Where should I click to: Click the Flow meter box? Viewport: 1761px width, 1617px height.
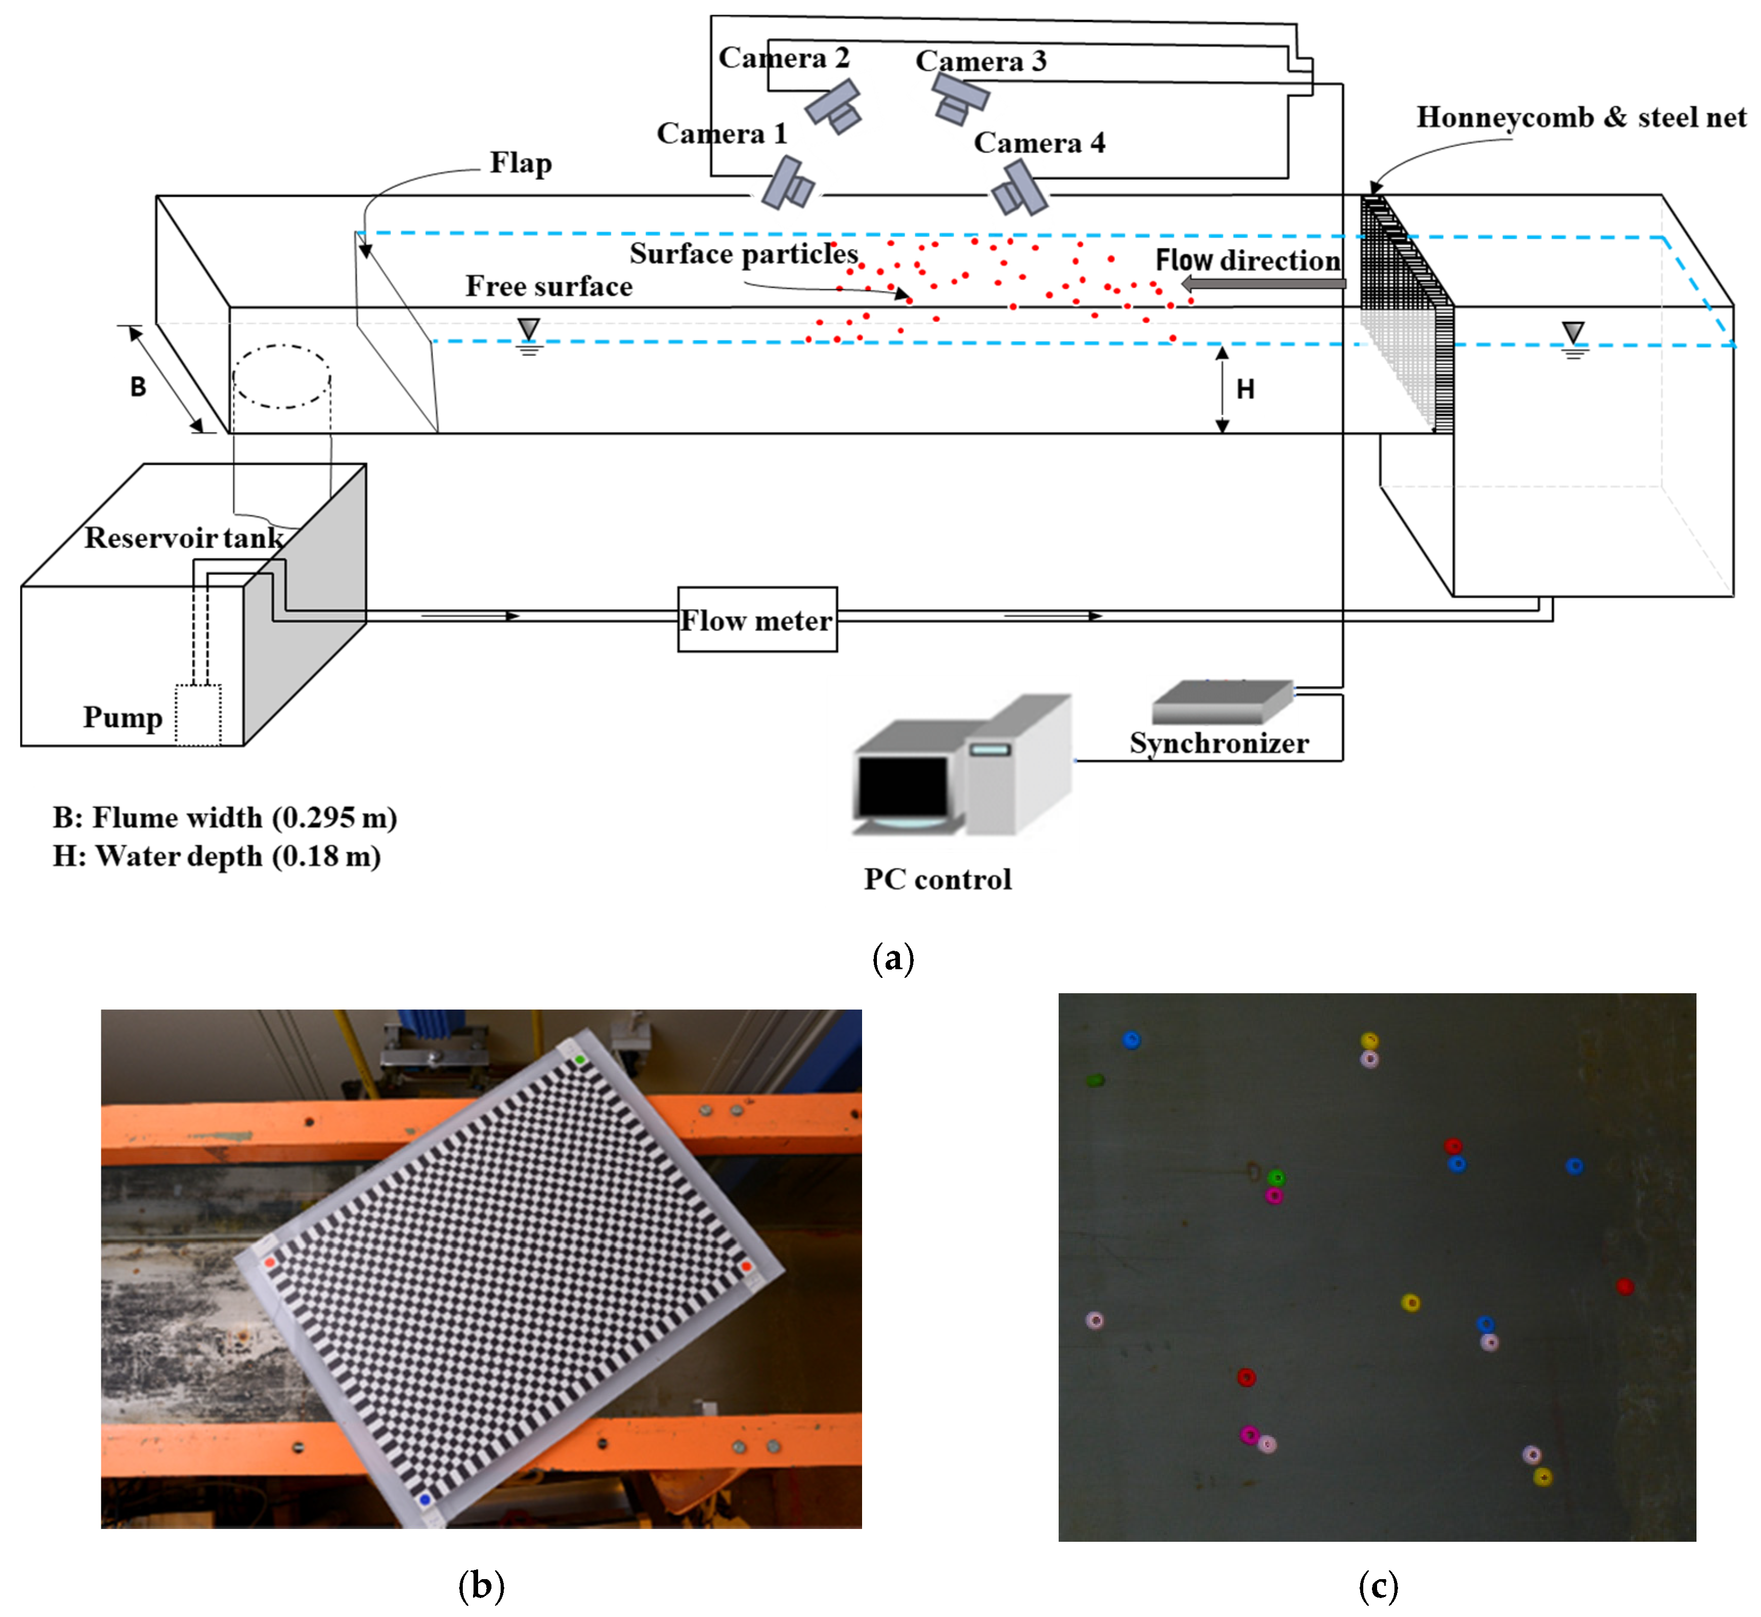757,620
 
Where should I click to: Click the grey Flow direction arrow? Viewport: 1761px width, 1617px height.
1263,283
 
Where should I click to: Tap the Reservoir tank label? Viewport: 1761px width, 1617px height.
184,537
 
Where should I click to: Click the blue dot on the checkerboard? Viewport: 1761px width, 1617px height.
425,1500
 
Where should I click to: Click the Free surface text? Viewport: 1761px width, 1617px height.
549,286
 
